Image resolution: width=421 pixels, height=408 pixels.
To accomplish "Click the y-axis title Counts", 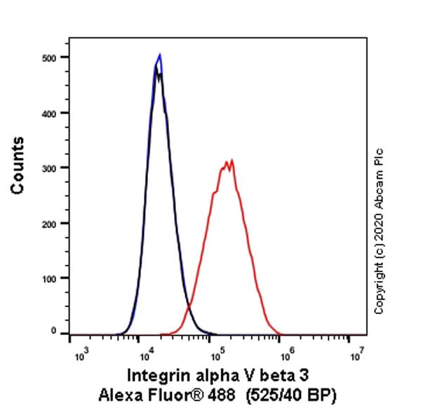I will pos(18,165).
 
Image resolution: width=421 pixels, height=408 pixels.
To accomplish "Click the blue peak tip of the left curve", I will pos(160,55).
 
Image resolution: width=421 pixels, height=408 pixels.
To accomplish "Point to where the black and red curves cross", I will pos(188,307).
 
